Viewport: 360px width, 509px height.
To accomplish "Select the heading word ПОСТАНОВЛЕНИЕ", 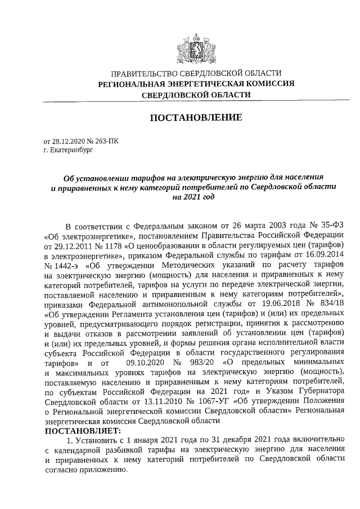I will pyautogui.click(x=195, y=118).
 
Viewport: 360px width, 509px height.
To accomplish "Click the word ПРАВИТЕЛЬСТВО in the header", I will pyautogui.click(x=142, y=74).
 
